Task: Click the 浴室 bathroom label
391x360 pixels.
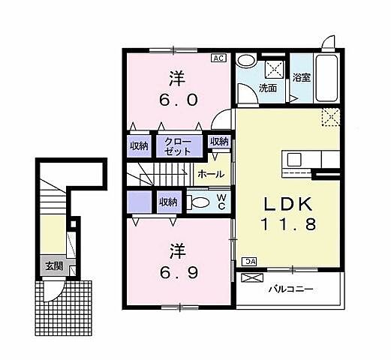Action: [301, 76]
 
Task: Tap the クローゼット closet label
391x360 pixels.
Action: [179, 145]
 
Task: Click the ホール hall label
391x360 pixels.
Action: [209, 173]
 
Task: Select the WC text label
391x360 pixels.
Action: [221, 202]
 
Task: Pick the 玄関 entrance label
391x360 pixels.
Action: [53, 266]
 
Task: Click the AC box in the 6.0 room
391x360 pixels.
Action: [218, 57]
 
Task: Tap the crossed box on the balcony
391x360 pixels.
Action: [251, 279]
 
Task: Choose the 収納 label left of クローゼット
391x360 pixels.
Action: [139, 145]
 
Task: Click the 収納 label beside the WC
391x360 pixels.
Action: [167, 201]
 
